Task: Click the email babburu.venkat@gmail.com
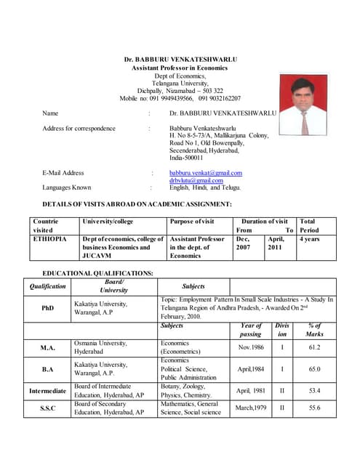206,173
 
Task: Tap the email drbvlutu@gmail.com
196,180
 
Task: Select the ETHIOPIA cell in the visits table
50,238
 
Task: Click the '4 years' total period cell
309,238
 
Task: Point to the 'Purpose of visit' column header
192,221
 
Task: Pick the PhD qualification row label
47,308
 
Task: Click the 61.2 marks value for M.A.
315,347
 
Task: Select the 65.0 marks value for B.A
315,369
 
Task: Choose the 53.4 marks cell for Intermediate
315,390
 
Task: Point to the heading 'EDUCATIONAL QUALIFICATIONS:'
98,272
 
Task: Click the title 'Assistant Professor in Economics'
180,67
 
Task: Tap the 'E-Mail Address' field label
63,173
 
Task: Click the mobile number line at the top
180,97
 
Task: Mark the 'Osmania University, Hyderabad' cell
101,347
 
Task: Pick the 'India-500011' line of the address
186,158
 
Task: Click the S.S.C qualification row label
47,408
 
